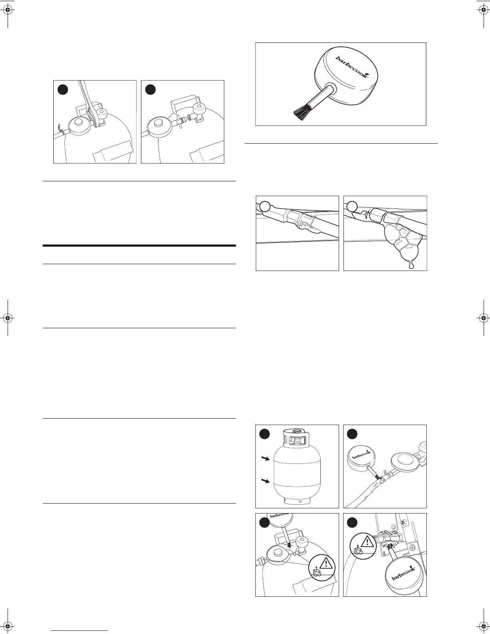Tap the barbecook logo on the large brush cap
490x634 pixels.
(351, 66)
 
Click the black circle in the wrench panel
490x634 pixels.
(62, 90)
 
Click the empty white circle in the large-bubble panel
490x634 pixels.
(352, 206)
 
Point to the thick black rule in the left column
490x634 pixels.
(139, 246)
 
